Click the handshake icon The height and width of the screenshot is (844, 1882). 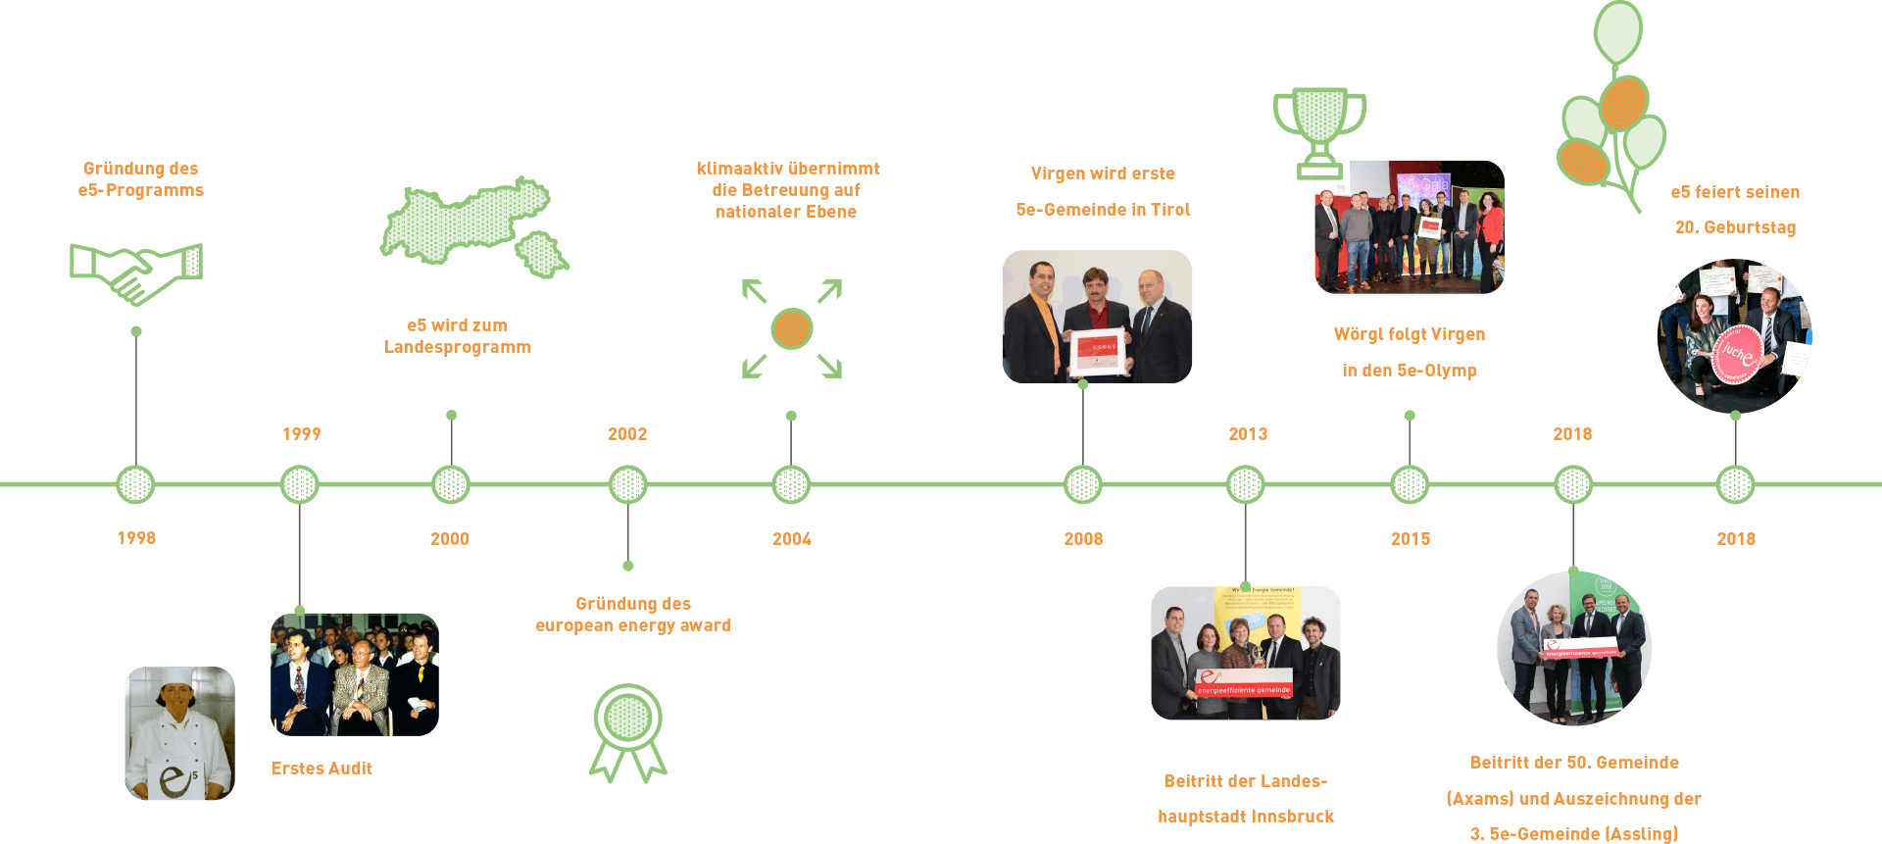pos(136,273)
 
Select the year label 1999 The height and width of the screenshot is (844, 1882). pos(301,434)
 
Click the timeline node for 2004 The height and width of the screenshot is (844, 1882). pos(791,484)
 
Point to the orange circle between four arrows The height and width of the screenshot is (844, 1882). pos(792,328)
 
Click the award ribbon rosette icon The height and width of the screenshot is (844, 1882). pos(627,730)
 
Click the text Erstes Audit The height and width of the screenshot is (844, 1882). pos(322,769)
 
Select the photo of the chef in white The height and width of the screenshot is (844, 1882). pos(179,733)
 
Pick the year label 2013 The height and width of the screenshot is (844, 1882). pos(1248,434)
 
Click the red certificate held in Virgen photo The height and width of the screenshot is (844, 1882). pos(1098,352)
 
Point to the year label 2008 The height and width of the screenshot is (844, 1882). pos(1083,539)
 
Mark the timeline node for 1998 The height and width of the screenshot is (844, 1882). pos(135,484)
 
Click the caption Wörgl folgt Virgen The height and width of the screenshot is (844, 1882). pos(1409,334)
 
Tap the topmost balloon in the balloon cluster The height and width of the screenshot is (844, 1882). pos(1618,31)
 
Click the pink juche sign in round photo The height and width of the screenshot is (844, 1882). pos(1736,354)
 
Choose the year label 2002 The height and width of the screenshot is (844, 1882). pos(627,434)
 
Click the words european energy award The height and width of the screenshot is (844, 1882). pos(633,625)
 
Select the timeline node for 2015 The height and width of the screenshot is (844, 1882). pos(1410,484)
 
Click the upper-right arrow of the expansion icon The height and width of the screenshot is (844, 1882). pos(831,289)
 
